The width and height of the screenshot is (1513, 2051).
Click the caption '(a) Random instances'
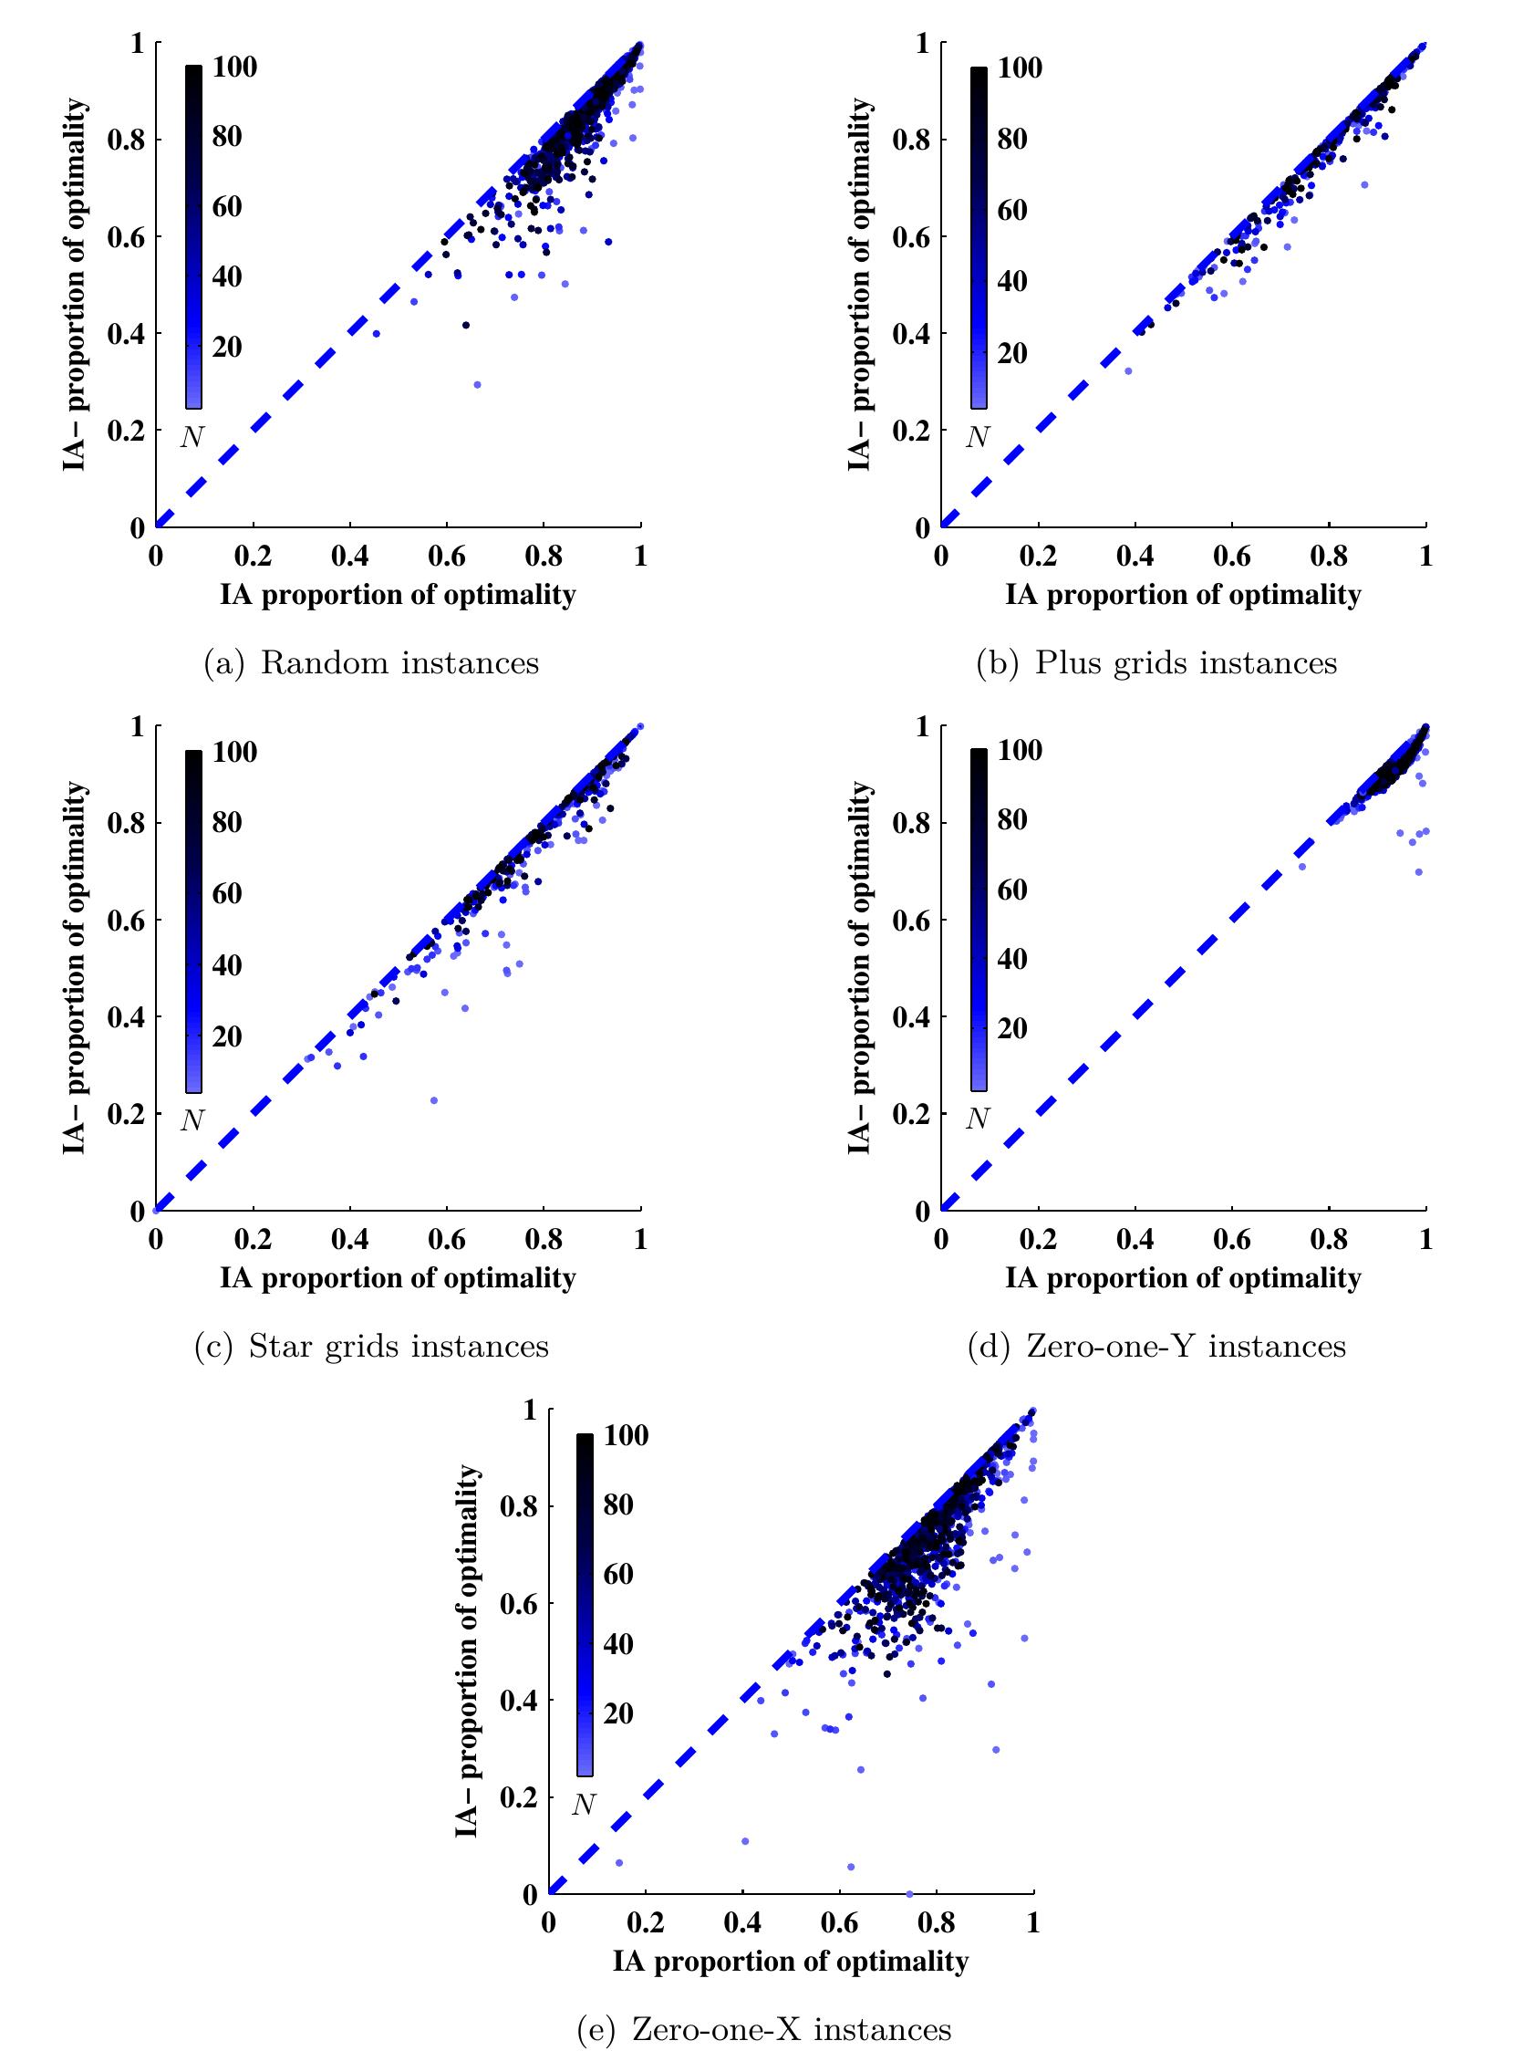click(371, 662)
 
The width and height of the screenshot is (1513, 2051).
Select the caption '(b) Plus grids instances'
click(1156, 662)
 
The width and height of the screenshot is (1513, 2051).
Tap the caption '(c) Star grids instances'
click(371, 1347)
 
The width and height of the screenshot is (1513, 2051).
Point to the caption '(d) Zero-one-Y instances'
click(1156, 1347)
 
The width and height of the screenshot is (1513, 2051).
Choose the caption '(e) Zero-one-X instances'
click(765, 2029)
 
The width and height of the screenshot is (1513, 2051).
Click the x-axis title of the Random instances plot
click(398, 596)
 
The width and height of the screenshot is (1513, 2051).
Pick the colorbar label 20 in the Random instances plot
click(228, 348)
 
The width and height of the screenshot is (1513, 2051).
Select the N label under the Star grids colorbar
click(192, 1120)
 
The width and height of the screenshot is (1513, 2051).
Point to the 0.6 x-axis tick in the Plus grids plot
click(1232, 557)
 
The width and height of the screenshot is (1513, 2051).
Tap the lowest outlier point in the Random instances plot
click(476, 385)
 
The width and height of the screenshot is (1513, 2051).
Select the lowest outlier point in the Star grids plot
click(434, 1100)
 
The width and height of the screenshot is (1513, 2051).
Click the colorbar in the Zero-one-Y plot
click(979, 920)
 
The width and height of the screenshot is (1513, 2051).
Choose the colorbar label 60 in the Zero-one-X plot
click(619, 1575)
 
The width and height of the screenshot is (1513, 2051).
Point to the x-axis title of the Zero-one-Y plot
click(1183, 1279)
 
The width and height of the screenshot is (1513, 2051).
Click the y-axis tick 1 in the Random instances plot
click(139, 43)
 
